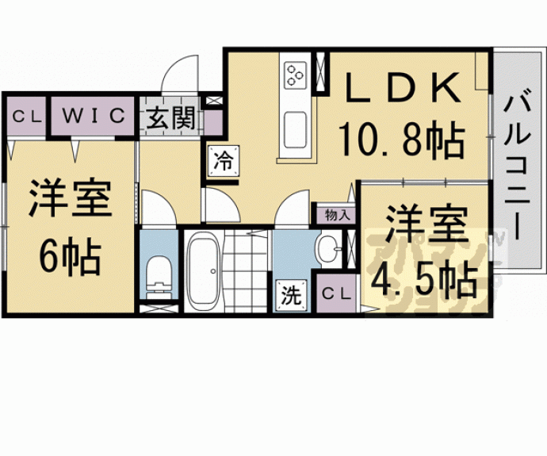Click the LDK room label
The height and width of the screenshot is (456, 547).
[x=401, y=87]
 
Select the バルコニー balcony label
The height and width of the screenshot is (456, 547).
[x=517, y=164]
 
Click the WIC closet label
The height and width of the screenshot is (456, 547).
[x=93, y=115]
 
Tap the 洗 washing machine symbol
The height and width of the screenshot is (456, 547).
[x=291, y=295]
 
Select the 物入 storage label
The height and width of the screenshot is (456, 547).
[x=337, y=215]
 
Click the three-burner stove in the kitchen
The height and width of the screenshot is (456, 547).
[x=295, y=75]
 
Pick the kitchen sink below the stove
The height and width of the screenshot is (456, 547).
[x=295, y=130]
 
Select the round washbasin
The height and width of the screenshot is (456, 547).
[x=328, y=248]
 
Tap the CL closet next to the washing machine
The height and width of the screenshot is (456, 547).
[x=336, y=293]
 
